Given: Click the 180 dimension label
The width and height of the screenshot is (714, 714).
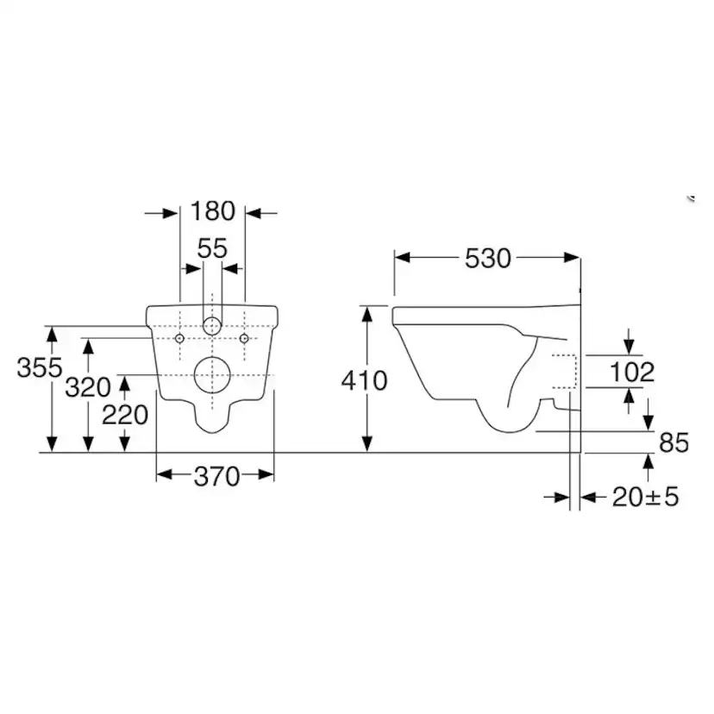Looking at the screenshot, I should click(213, 211).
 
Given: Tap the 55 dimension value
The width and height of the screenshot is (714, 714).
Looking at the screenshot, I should click(212, 249).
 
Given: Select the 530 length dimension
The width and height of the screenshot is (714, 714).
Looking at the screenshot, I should click(488, 258).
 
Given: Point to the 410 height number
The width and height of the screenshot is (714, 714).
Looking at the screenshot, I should click(364, 379).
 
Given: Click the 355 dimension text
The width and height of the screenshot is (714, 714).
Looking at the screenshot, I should click(40, 368).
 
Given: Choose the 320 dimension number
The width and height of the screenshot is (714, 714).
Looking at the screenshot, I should click(87, 387).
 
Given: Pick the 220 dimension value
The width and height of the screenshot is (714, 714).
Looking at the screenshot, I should click(125, 416).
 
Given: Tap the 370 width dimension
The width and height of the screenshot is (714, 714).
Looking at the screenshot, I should click(216, 476).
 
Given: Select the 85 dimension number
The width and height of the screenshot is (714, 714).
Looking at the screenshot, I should click(673, 443).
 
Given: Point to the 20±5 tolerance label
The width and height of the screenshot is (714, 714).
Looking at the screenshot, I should click(645, 498).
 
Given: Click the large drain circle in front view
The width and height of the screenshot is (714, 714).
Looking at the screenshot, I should click(212, 375).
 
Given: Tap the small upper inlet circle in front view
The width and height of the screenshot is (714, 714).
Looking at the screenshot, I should click(212, 327).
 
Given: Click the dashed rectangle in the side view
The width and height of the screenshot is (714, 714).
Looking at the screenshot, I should click(564, 373).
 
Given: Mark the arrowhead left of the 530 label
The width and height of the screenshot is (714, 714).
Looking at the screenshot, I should click(402, 258).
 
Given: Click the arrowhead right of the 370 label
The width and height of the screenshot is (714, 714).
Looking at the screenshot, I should click(266, 475).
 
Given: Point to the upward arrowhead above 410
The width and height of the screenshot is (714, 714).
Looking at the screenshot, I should click(368, 312).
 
